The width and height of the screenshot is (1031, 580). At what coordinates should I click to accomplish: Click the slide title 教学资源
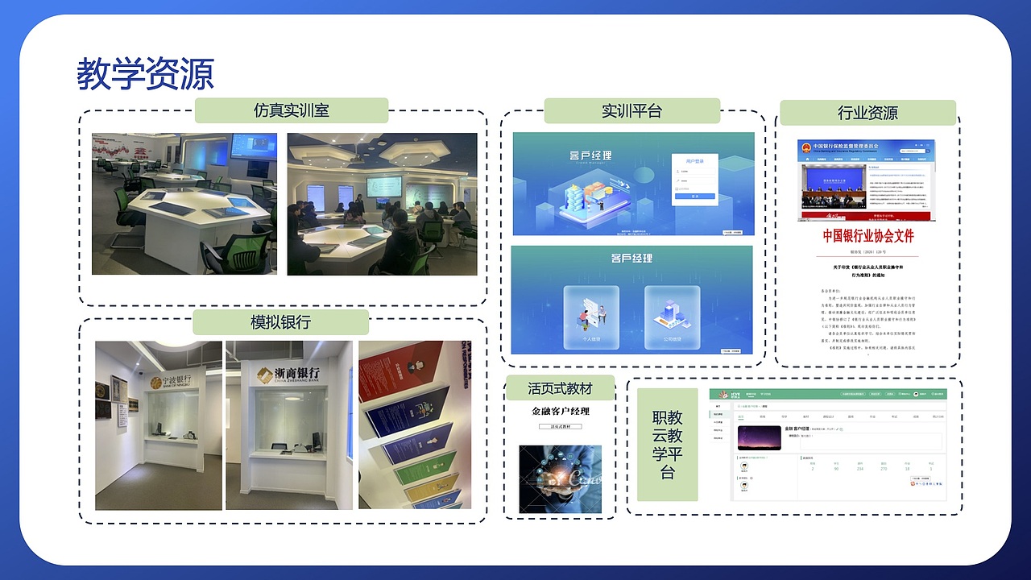click(x=146, y=74)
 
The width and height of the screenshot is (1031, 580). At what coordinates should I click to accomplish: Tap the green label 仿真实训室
click(x=291, y=110)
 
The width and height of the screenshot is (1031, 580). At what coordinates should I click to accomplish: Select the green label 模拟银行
click(x=280, y=322)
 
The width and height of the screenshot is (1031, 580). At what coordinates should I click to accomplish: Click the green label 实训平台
click(x=631, y=110)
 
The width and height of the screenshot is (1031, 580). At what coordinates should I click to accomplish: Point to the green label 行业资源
click(x=867, y=113)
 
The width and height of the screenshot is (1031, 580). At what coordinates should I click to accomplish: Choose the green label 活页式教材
click(x=560, y=388)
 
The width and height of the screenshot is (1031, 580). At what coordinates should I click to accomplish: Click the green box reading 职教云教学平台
click(x=667, y=445)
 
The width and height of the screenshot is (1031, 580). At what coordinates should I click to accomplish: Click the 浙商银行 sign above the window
click(x=288, y=374)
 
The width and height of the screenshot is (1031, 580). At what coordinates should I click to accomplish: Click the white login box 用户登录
click(x=695, y=181)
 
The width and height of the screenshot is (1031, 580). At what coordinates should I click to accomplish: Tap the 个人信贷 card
click(x=591, y=317)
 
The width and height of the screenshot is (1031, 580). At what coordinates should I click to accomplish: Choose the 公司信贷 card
click(x=672, y=317)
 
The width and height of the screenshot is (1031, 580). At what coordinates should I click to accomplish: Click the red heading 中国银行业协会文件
click(x=867, y=236)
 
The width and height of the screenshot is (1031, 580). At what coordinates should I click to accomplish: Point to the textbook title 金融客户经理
click(x=560, y=412)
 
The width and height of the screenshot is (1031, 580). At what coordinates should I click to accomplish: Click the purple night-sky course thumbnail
click(x=759, y=437)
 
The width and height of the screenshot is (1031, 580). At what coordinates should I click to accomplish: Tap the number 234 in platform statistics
click(x=859, y=468)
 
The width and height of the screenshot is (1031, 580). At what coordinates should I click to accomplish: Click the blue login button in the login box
click(x=694, y=196)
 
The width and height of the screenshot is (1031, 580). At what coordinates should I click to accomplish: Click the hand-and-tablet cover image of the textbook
click(x=560, y=478)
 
